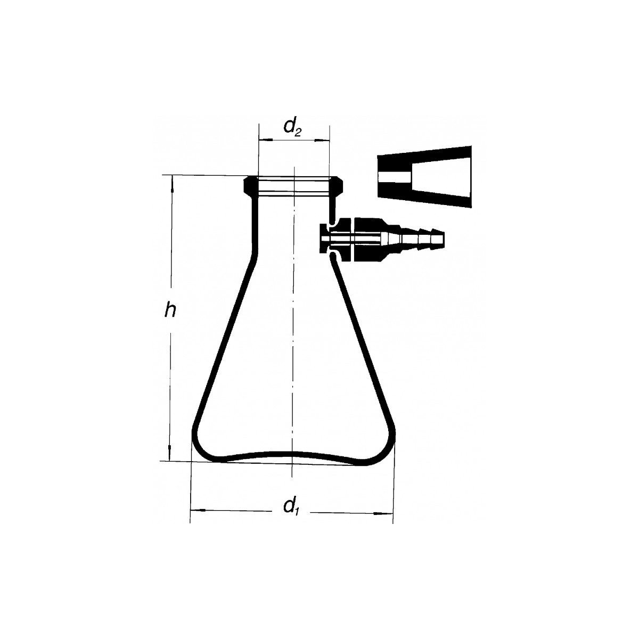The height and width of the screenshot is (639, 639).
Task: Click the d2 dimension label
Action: [292, 128]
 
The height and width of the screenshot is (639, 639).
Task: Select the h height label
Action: [170, 310]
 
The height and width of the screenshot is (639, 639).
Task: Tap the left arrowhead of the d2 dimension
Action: [265, 141]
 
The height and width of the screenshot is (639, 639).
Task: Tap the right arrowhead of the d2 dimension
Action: [322, 141]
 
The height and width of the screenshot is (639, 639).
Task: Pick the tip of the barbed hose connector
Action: [444, 238]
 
